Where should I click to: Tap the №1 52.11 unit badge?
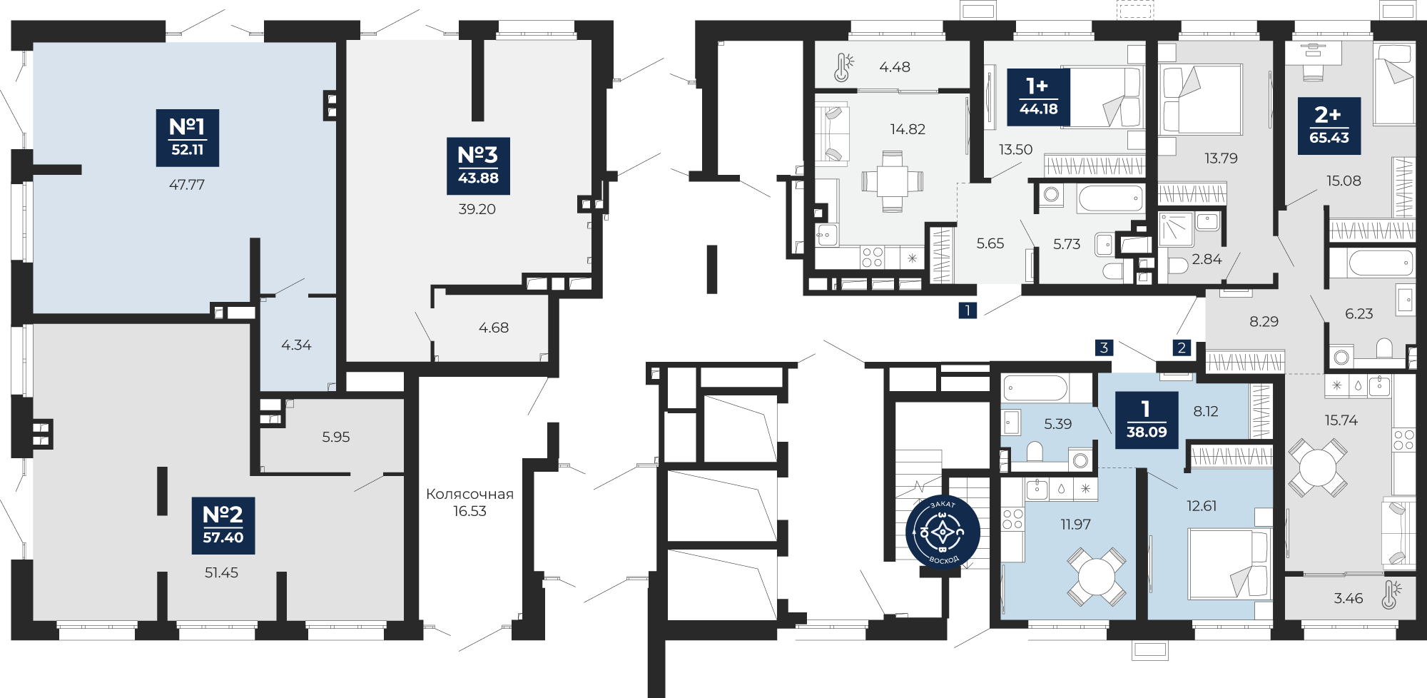(188, 138)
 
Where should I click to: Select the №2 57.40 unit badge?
(223, 525)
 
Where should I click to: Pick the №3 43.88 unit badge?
(478, 166)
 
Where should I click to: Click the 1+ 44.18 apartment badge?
(1038, 97)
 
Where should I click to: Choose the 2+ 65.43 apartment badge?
(1329, 126)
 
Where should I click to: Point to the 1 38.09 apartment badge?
(1147, 420)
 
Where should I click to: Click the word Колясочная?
(469, 494)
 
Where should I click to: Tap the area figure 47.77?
(187, 185)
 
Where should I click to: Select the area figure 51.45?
(221, 572)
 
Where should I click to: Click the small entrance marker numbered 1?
(968, 310)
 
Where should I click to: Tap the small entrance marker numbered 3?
(1104, 348)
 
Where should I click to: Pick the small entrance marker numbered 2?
(1182, 348)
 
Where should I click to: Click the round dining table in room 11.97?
(1097, 577)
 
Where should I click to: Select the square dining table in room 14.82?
(892, 181)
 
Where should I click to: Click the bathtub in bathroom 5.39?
(1035, 388)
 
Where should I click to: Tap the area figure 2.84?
(1207, 259)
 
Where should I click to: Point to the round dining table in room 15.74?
(1319, 468)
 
